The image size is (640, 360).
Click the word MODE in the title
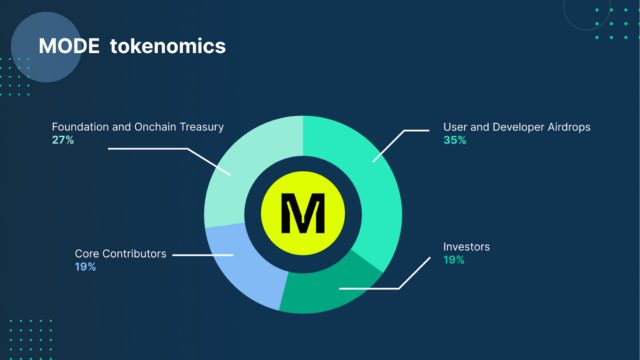tap(69, 46)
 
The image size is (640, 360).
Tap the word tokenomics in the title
tap(168, 46)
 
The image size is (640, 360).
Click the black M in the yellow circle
tap(303, 213)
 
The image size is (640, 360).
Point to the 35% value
tap(454, 140)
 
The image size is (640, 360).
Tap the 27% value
tap(63, 140)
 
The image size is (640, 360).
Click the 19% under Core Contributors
tap(85, 267)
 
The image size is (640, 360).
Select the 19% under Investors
tap(454, 260)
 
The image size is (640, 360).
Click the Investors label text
tap(466, 246)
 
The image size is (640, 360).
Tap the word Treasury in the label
tap(202, 127)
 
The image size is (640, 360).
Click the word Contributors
tap(134, 254)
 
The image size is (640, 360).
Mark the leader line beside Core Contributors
tap(203, 255)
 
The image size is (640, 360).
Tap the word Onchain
tap(155, 127)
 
